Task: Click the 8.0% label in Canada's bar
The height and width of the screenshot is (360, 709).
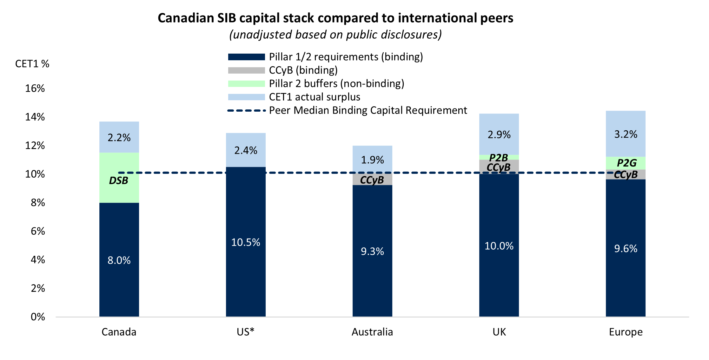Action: [x=119, y=260]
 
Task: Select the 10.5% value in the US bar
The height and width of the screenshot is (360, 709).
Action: [x=246, y=242]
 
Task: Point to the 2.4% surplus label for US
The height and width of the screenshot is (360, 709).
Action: [x=246, y=150]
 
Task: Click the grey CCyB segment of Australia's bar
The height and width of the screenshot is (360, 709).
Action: [x=372, y=180]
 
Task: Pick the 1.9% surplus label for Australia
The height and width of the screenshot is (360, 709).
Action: [x=372, y=160]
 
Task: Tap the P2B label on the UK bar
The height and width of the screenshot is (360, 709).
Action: [x=499, y=157]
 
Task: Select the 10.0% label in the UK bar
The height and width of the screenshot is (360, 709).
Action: [x=499, y=246]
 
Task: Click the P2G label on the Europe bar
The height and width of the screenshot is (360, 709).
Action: [x=626, y=163]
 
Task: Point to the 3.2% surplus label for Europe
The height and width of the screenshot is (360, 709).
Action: [x=626, y=134]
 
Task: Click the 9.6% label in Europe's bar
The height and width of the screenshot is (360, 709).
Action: [x=626, y=248]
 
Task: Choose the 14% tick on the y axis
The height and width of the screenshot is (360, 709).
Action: [x=35, y=117]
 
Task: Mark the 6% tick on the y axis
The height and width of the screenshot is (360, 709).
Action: [x=38, y=231]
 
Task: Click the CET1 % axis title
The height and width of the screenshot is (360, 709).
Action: [x=32, y=64]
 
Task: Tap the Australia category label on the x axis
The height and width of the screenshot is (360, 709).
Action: [x=372, y=332]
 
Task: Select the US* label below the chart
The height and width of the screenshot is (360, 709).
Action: [x=246, y=332]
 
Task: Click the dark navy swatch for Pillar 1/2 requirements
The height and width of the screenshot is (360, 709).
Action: [x=246, y=57]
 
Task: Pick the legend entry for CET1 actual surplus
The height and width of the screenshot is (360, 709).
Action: [x=314, y=97]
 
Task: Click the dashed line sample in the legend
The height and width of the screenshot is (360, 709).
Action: [x=246, y=110]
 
